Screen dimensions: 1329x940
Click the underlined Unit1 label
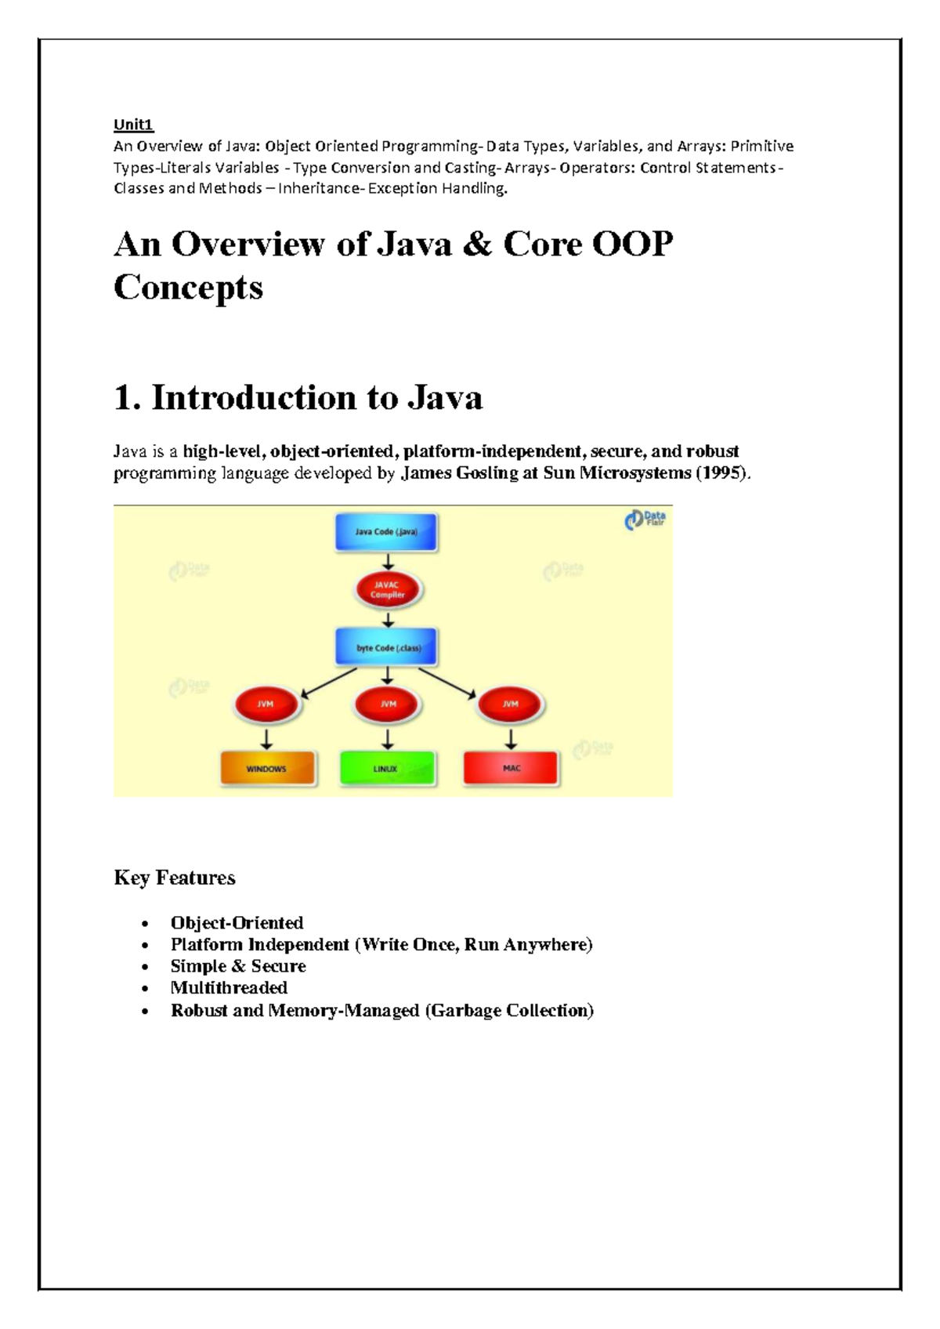pyautogui.click(x=134, y=125)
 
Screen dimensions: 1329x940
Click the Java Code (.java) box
pyautogui.click(x=386, y=532)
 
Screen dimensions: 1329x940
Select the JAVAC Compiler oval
pyautogui.click(x=388, y=590)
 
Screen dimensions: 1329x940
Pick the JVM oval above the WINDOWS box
pyautogui.click(x=266, y=704)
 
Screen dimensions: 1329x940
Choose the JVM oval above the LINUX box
pyautogui.click(x=388, y=704)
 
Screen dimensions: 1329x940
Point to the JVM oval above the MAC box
pyautogui.click(x=511, y=704)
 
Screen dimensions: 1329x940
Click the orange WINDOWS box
pyautogui.click(x=267, y=769)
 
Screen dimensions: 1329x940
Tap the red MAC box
pyautogui.click(x=511, y=768)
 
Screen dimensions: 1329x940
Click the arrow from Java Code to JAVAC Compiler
pyautogui.click(x=388, y=561)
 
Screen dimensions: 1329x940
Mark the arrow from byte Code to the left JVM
pyautogui.click(x=329, y=682)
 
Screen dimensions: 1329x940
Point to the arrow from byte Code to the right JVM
pyautogui.click(x=446, y=682)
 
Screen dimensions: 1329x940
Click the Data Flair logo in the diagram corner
pyautogui.click(x=645, y=520)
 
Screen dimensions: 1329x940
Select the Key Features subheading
pyautogui.click(x=175, y=878)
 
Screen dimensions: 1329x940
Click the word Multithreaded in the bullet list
pyautogui.click(x=229, y=988)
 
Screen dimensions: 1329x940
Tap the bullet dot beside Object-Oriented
pyautogui.click(x=144, y=924)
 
